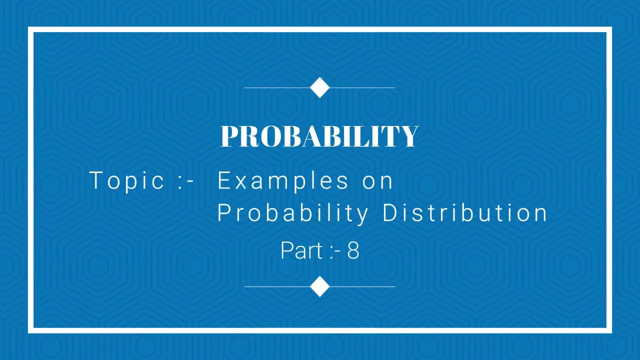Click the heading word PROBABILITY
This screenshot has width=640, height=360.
click(319, 136)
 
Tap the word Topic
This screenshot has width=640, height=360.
click(126, 180)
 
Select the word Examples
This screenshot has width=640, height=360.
click(283, 180)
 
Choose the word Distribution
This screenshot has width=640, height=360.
click(465, 213)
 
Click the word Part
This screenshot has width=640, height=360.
click(301, 250)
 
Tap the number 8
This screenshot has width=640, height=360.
click(353, 250)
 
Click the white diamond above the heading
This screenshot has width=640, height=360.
click(320, 87)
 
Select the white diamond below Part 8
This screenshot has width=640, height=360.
click(320, 286)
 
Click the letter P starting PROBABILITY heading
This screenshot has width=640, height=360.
click(229, 136)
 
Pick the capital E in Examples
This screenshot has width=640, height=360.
click(223, 180)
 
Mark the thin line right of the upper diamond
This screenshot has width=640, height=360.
click(363, 87)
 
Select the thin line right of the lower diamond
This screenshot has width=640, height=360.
click(363, 286)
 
